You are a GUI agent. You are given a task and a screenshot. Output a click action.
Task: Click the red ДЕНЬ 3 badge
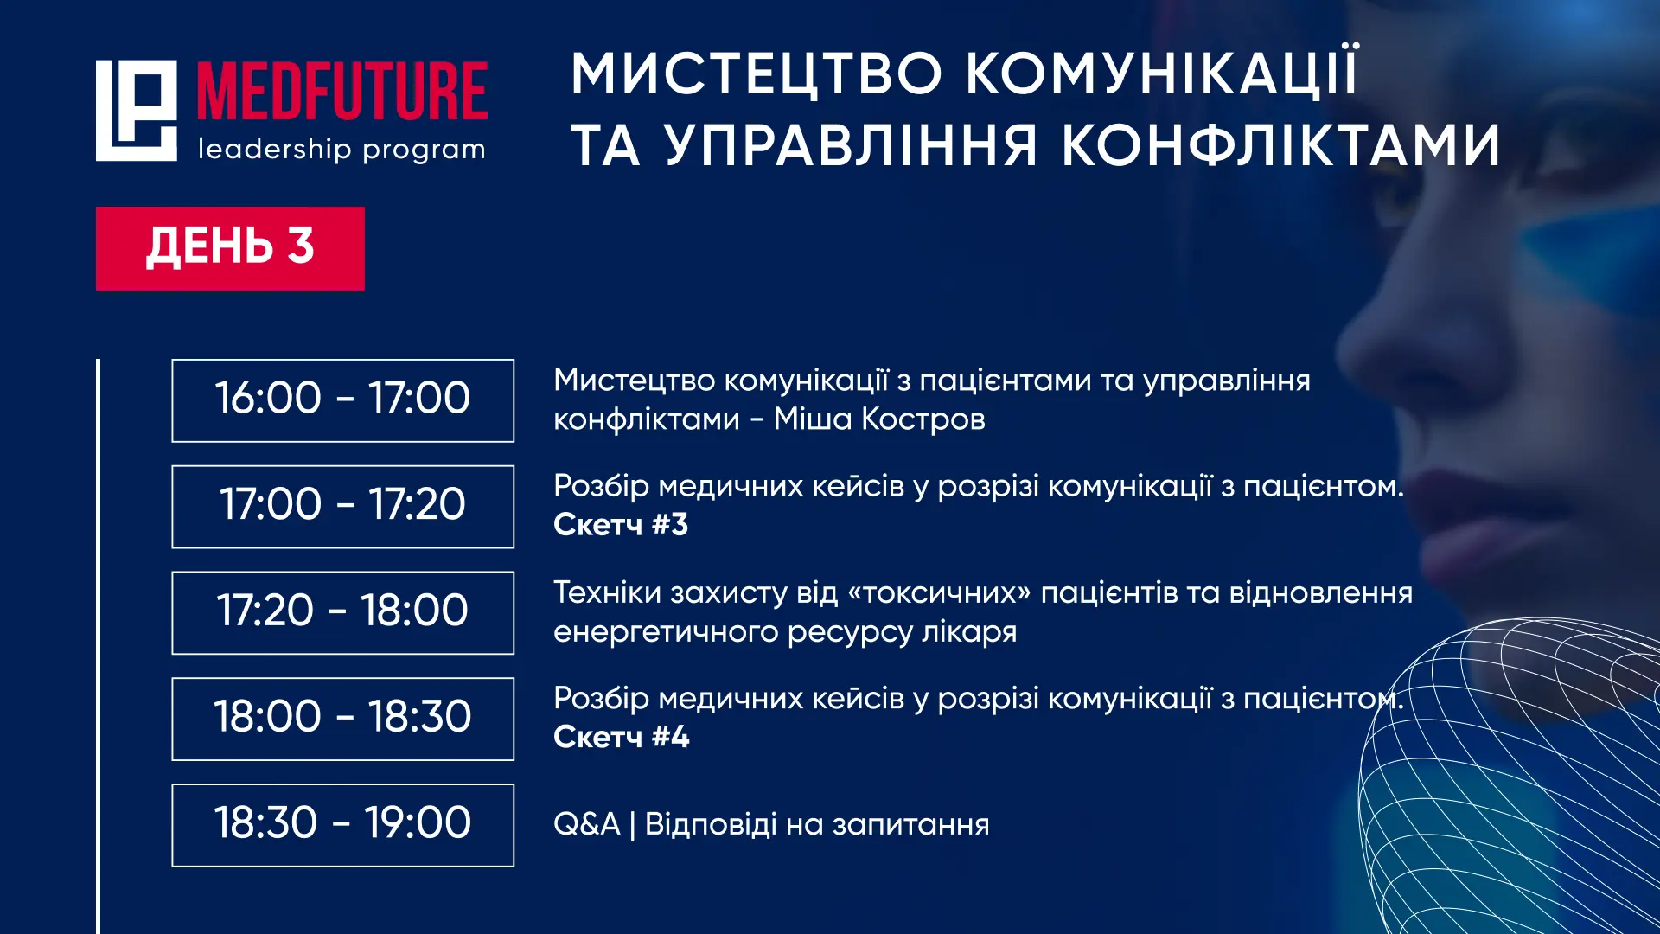(x=230, y=248)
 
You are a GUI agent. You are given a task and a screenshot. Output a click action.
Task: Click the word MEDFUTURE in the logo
(x=342, y=91)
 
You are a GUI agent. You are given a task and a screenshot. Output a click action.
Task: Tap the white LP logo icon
(x=137, y=111)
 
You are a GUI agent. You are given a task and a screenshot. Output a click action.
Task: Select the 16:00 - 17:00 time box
(x=343, y=400)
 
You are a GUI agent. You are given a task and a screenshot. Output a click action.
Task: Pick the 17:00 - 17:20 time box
(x=343, y=507)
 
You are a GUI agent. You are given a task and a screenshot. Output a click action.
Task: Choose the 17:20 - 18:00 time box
(x=343, y=613)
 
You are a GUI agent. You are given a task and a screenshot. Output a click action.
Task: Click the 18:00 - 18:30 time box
(x=343, y=719)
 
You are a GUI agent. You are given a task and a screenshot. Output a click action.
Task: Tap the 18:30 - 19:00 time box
(x=343, y=825)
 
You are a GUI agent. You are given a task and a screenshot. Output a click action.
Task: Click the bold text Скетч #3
(x=621, y=525)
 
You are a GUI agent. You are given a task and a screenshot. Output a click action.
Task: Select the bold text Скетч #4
(x=622, y=737)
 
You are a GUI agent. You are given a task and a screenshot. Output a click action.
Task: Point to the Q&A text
(x=587, y=824)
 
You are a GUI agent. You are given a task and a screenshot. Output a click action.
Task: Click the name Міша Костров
(x=879, y=419)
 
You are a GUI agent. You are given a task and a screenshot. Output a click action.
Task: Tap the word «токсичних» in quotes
(x=940, y=593)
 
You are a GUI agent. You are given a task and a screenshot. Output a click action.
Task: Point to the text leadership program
(x=342, y=150)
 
